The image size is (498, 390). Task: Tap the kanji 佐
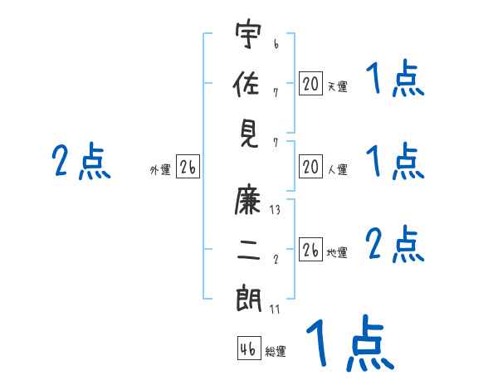pos(249,85)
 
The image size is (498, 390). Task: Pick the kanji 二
pos(249,250)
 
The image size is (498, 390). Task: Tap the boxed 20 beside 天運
pos(310,84)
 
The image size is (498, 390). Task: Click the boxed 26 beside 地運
pos(310,250)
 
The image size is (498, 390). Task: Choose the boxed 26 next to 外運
pos(188,168)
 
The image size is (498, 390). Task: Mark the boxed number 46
pos(248,349)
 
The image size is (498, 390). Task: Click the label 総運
pos(276,352)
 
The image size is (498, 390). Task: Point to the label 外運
pos(160,170)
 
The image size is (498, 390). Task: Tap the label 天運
pos(337,86)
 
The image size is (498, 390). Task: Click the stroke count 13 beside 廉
pos(275,211)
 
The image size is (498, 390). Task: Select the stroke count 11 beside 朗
pos(275,310)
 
